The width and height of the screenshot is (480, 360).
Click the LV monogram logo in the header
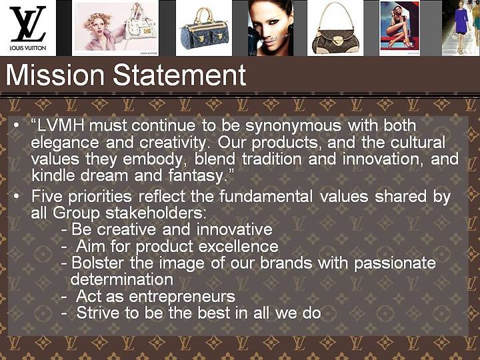coord(28,24)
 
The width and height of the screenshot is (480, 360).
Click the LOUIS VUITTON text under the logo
coord(28,48)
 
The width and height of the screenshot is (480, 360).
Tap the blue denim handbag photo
coord(204,29)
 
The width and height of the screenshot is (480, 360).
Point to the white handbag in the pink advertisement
coord(141,27)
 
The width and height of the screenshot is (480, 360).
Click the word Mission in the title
coord(55,75)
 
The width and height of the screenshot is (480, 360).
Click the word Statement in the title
coord(179,75)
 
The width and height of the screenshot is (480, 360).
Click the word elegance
coord(65,143)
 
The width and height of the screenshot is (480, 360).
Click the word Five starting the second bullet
coord(47,196)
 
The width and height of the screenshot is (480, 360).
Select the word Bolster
coord(97,263)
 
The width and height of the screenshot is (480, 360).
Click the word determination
coord(122,279)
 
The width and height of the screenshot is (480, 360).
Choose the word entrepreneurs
coord(182,297)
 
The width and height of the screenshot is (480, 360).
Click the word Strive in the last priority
coord(97,313)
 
